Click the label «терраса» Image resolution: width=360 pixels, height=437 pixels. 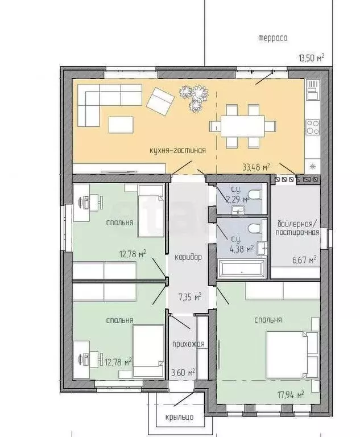(272, 38)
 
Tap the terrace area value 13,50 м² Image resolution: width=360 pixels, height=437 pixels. (311, 58)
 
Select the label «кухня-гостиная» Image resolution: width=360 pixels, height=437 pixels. (178, 150)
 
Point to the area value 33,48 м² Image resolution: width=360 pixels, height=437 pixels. (256, 167)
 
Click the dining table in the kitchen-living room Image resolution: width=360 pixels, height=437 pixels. (243, 126)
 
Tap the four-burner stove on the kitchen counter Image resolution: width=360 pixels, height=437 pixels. (313, 127)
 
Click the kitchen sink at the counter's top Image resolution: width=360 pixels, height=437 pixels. (313, 89)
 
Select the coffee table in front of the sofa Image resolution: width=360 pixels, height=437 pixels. (121, 125)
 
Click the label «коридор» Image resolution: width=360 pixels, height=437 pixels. (188, 257)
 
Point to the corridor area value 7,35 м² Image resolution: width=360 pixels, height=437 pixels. (190, 297)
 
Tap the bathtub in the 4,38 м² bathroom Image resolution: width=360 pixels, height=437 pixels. (241, 268)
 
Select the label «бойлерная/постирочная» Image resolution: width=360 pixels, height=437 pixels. (297, 228)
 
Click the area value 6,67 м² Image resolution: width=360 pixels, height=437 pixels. (304, 260)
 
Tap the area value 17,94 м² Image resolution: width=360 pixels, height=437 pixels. (291, 395)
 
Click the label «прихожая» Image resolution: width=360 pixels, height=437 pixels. (188, 344)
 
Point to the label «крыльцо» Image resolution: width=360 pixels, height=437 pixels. (179, 417)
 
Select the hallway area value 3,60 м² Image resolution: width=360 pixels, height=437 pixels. (183, 372)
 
